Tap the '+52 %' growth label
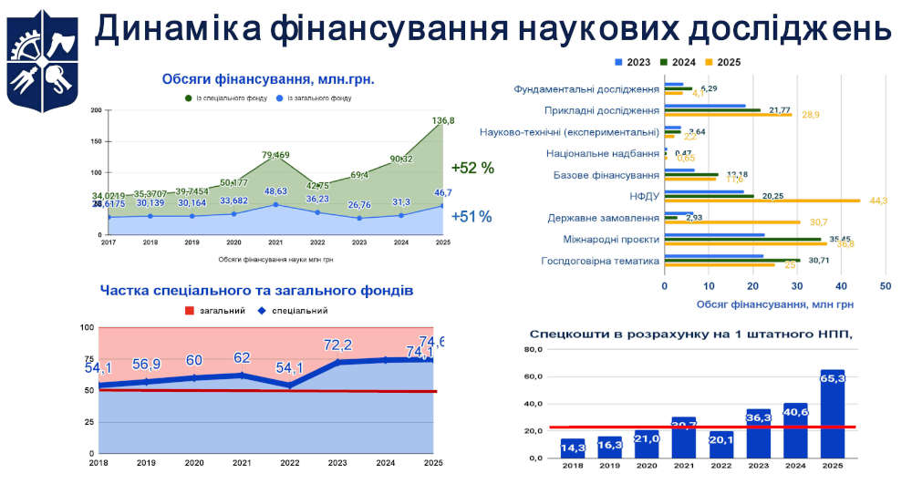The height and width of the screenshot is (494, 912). [472, 168]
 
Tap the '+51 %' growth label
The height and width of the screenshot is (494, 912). [472, 217]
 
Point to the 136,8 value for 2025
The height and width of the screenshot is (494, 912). [443, 120]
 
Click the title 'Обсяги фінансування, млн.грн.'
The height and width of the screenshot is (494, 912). [268, 79]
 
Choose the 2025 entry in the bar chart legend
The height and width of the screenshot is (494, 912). [721, 62]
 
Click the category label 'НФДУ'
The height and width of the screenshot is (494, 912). [642, 196]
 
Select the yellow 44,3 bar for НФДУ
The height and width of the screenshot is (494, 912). [762, 200]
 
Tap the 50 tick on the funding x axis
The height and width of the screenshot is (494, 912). [885, 286]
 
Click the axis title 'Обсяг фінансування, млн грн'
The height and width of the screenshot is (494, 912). [774, 304]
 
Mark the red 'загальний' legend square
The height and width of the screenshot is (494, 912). [190, 311]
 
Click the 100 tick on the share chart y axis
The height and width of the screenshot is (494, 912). [88, 327]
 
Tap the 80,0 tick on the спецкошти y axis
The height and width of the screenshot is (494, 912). [534, 350]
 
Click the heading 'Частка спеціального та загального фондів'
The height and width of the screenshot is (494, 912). [256, 291]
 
